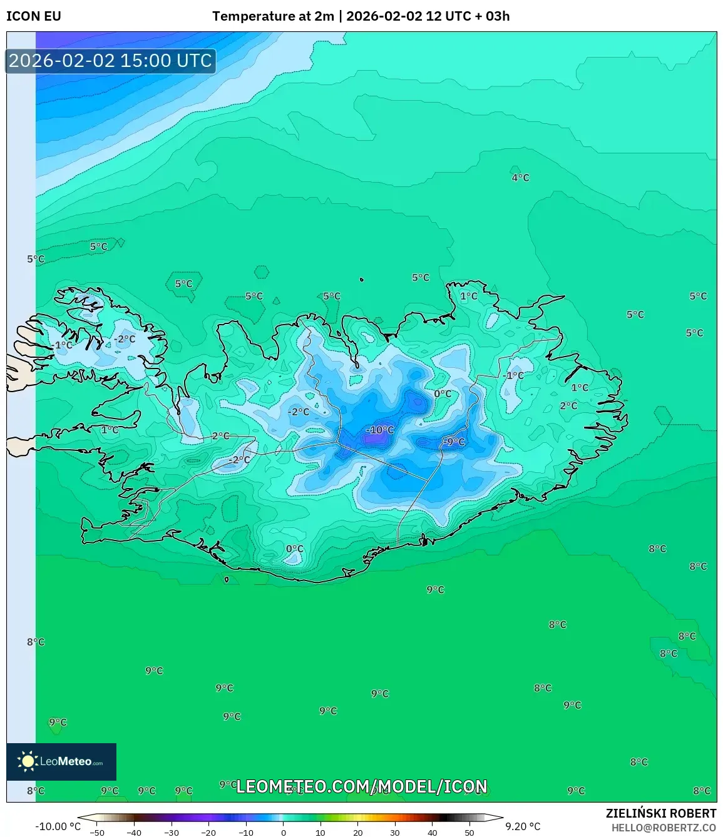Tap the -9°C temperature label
pyautogui.click(x=454, y=442)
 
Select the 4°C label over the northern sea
pyautogui.click(x=520, y=178)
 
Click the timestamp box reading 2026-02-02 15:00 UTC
pyautogui.click(x=111, y=61)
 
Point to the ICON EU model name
pyautogui.click(x=34, y=16)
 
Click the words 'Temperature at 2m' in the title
pyautogui.click(x=273, y=16)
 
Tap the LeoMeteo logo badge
pyautogui.click(x=61, y=761)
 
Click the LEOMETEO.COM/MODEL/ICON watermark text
pyautogui.click(x=361, y=786)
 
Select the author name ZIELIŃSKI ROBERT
pyautogui.click(x=660, y=813)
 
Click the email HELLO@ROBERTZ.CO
pyautogui.click(x=664, y=828)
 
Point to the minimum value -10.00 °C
pyautogui.click(x=58, y=826)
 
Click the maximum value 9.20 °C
pyautogui.click(x=523, y=826)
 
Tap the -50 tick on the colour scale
pyautogui.click(x=97, y=833)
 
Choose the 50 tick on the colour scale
pyautogui.click(x=469, y=833)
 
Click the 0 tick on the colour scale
pyautogui.click(x=284, y=833)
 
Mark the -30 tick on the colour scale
pyautogui.click(x=172, y=833)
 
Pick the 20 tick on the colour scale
pyautogui.click(x=357, y=833)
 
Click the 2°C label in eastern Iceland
pyautogui.click(x=568, y=406)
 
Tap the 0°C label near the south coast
pyautogui.click(x=294, y=549)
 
